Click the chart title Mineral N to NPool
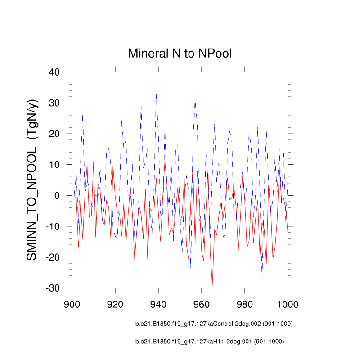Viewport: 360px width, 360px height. [180, 54]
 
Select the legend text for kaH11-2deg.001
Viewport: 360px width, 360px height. [210, 342]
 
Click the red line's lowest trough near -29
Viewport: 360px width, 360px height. [212, 284]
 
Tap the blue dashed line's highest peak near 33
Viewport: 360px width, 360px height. [156, 94]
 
